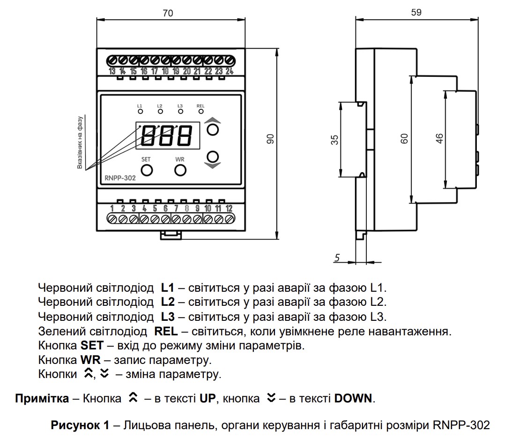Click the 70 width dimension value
[168, 13]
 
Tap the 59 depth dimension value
[416, 12]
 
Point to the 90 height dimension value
[270, 139]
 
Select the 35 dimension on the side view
[334, 140]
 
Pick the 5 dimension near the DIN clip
[337, 257]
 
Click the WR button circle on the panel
[180, 171]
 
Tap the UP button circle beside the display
[213, 129]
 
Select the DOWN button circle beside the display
[213, 157]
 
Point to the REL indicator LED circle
[200, 111]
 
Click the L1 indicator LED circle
[140, 111]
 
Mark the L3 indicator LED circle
[180, 111]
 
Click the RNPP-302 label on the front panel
[120, 178]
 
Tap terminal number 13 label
[112, 71]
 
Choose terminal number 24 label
[230, 71]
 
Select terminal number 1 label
[112, 208]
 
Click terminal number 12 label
[229, 208]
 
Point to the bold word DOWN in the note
[353, 398]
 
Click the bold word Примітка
[42, 398]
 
